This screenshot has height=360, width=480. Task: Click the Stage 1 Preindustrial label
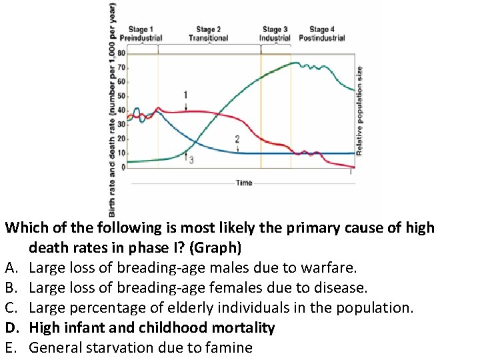tap(141, 33)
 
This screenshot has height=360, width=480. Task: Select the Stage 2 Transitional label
tap(208, 33)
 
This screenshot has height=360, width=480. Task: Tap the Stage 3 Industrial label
tap(275, 33)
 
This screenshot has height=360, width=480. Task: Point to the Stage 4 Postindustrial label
tap(321, 33)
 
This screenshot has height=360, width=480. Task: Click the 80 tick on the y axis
tap(121, 53)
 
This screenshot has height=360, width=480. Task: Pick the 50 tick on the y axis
tap(121, 96)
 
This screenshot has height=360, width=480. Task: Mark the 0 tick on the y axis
tap(123, 167)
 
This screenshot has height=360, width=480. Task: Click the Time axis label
tap(244, 183)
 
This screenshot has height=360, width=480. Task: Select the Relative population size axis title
tap(360, 111)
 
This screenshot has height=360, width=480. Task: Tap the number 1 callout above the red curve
tap(185, 95)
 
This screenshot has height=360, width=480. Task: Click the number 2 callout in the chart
tap(237, 139)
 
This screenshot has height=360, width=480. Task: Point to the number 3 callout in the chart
tap(191, 161)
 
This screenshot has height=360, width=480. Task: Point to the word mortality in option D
tap(241, 328)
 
